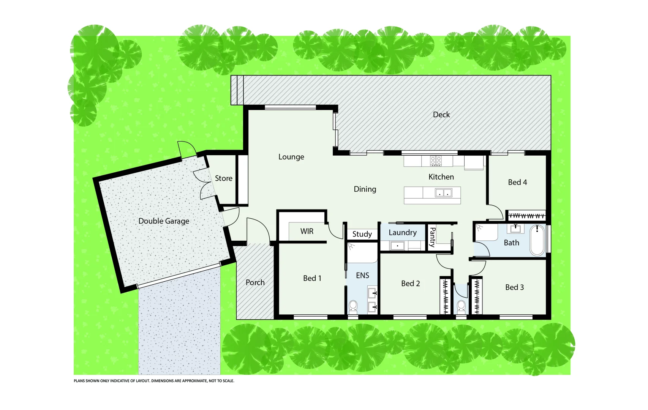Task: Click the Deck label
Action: (x=441, y=115)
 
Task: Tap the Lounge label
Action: (x=291, y=157)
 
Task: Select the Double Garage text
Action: (x=164, y=221)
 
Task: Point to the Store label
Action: (x=223, y=178)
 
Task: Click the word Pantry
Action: (x=432, y=237)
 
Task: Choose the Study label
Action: (x=362, y=234)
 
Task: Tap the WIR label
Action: (x=307, y=231)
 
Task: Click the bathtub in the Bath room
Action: (x=537, y=240)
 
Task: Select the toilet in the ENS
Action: (x=353, y=306)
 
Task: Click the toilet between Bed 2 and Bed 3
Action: (x=461, y=306)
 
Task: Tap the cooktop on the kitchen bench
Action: (x=436, y=161)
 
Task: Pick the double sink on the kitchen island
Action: (x=443, y=193)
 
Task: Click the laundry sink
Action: (x=397, y=246)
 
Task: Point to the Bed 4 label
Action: (x=517, y=182)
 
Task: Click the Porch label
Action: (x=255, y=282)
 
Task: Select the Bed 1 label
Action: (x=312, y=278)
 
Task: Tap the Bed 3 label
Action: (x=514, y=287)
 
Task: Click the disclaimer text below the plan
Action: (x=154, y=381)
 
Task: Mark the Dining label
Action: (x=365, y=189)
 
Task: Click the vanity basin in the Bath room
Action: (x=515, y=229)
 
